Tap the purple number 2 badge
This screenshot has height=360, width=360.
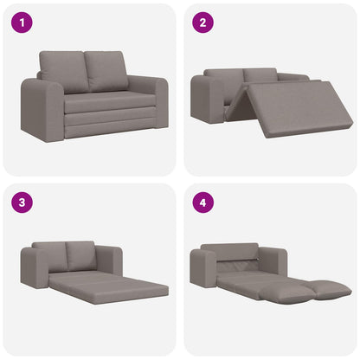click(x=202, y=22)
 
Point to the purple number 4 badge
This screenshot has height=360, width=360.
click(x=202, y=202)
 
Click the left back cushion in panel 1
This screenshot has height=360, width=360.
click(x=64, y=71)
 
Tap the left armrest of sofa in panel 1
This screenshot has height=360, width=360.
click(x=42, y=107)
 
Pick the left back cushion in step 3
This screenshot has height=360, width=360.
click(x=53, y=254)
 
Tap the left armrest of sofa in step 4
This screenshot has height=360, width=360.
click(x=203, y=268)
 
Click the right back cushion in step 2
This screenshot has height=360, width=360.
click(x=260, y=75)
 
